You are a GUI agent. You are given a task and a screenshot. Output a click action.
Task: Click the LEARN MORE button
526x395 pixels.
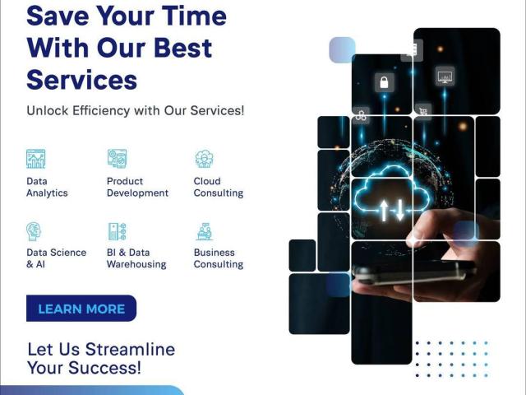point(81,309)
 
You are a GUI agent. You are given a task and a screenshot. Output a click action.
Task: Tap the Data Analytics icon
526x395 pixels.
point(35,159)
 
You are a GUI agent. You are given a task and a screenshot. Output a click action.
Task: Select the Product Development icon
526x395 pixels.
point(117,159)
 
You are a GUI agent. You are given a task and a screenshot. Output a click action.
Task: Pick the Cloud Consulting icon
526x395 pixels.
point(204,159)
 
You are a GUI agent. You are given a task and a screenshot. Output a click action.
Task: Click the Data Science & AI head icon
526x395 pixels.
point(34,231)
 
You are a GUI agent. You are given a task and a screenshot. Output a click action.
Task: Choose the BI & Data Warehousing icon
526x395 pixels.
point(117,231)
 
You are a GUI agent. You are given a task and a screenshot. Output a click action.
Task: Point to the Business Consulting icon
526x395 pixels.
point(205,231)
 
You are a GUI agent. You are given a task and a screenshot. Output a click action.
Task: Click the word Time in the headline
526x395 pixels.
point(194,16)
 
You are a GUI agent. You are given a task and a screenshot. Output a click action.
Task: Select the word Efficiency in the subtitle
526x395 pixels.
point(101,110)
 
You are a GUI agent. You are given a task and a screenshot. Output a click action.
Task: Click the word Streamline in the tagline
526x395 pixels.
point(130,349)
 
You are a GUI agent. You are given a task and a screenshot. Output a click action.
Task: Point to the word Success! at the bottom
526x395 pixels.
point(104,368)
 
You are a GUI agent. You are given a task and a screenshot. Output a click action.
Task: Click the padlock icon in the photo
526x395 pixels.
point(384,82)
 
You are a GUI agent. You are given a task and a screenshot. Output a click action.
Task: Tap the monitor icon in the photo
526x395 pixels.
point(445,76)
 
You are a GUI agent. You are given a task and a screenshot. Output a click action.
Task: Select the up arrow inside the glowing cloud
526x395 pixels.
point(384,210)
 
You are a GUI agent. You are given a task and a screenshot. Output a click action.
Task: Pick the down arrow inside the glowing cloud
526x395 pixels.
point(400,210)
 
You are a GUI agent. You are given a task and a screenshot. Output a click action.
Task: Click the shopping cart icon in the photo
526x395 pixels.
point(423,110)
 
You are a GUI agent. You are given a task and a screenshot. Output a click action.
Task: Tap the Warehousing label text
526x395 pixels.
point(136,264)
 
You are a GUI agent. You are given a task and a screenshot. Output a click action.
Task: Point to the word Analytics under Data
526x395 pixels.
point(47,193)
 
